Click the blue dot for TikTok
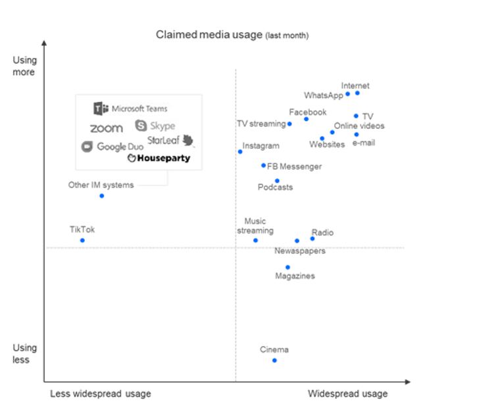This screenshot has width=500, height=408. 82,240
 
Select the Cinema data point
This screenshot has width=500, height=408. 274,360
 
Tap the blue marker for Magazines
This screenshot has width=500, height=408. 287,267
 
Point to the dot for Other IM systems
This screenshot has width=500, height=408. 101,195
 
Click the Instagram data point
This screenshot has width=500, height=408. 240,152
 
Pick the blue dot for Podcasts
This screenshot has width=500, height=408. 277,180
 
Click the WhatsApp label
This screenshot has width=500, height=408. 323,95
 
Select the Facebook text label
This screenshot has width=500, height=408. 307,112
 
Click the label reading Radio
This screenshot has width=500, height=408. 322,232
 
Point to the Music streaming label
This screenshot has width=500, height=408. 255,226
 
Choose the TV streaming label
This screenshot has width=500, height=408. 261,124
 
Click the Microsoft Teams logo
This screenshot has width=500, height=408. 130,109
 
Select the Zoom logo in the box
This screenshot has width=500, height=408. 106,128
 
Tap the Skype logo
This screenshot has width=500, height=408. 155,126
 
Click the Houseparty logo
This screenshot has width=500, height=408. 159,158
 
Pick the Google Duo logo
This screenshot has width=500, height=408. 112,147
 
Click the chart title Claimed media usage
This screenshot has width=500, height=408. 232,34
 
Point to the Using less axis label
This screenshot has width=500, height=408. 25,353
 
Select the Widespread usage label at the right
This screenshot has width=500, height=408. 347,394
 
